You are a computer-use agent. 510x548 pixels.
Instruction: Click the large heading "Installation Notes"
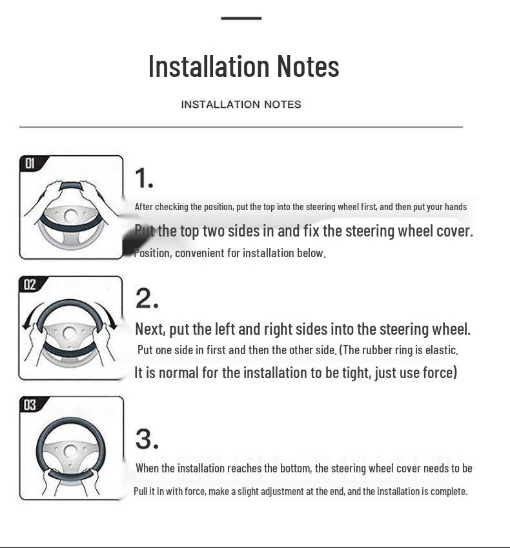click(243, 66)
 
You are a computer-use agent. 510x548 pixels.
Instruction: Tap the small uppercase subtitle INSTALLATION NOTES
click(241, 105)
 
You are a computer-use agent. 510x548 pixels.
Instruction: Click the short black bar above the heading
click(241, 18)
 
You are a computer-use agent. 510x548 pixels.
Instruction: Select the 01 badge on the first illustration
click(30, 163)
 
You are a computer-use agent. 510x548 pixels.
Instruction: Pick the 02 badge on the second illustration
click(30, 284)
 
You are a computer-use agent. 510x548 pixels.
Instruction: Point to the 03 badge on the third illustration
click(30, 405)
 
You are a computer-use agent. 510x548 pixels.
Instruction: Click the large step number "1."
click(144, 178)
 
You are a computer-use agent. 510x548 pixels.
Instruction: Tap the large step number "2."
click(147, 299)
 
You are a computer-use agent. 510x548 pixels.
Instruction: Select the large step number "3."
click(147, 439)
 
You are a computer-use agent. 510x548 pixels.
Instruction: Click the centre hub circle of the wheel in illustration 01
click(71, 216)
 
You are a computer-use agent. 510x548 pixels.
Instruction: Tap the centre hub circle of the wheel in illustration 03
click(71, 451)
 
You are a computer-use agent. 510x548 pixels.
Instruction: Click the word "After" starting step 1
click(144, 207)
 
